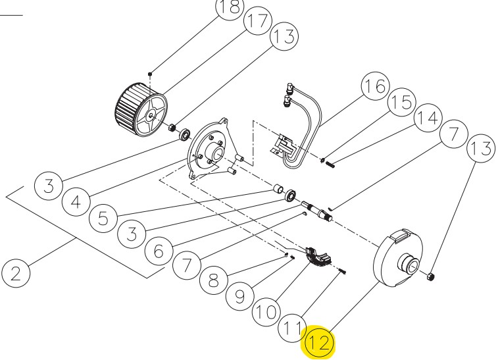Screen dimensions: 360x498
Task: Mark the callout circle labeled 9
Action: tap(241, 295)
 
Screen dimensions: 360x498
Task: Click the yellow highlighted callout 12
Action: tap(319, 344)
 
